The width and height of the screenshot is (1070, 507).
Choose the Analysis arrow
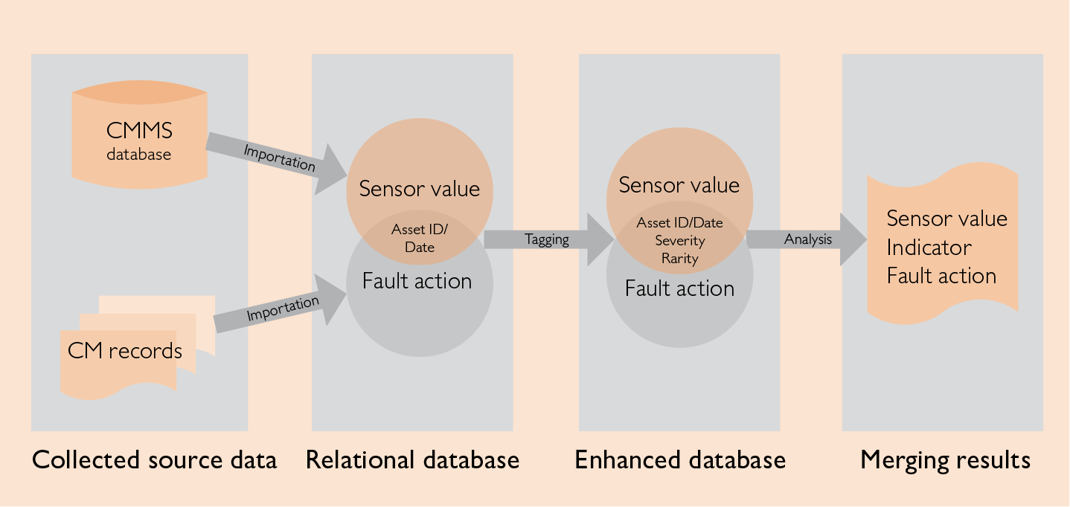tap(807, 239)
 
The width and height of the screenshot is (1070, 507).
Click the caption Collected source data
tap(155, 459)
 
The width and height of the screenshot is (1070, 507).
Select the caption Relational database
tap(412, 459)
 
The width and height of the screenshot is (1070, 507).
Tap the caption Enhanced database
tap(680, 459)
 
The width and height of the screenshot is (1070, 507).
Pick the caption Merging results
tap(945, 459)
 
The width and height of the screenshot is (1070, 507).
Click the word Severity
tap(679, 241)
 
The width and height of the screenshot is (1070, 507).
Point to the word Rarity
tap(679, 259)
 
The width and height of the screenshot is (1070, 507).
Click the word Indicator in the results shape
tap(929, 248)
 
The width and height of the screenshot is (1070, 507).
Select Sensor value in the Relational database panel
tap(419, 189)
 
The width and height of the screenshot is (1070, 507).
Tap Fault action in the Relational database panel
tap(417, 281)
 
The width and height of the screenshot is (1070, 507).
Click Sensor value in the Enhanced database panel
tap(679, 185)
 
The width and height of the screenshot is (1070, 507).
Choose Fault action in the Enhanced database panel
tap(679, 288)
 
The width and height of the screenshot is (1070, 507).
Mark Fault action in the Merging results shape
tap(941, 276)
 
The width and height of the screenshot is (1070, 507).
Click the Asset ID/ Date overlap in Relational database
tap(419, 238)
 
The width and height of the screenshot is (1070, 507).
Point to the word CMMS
tap(139, 132)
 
